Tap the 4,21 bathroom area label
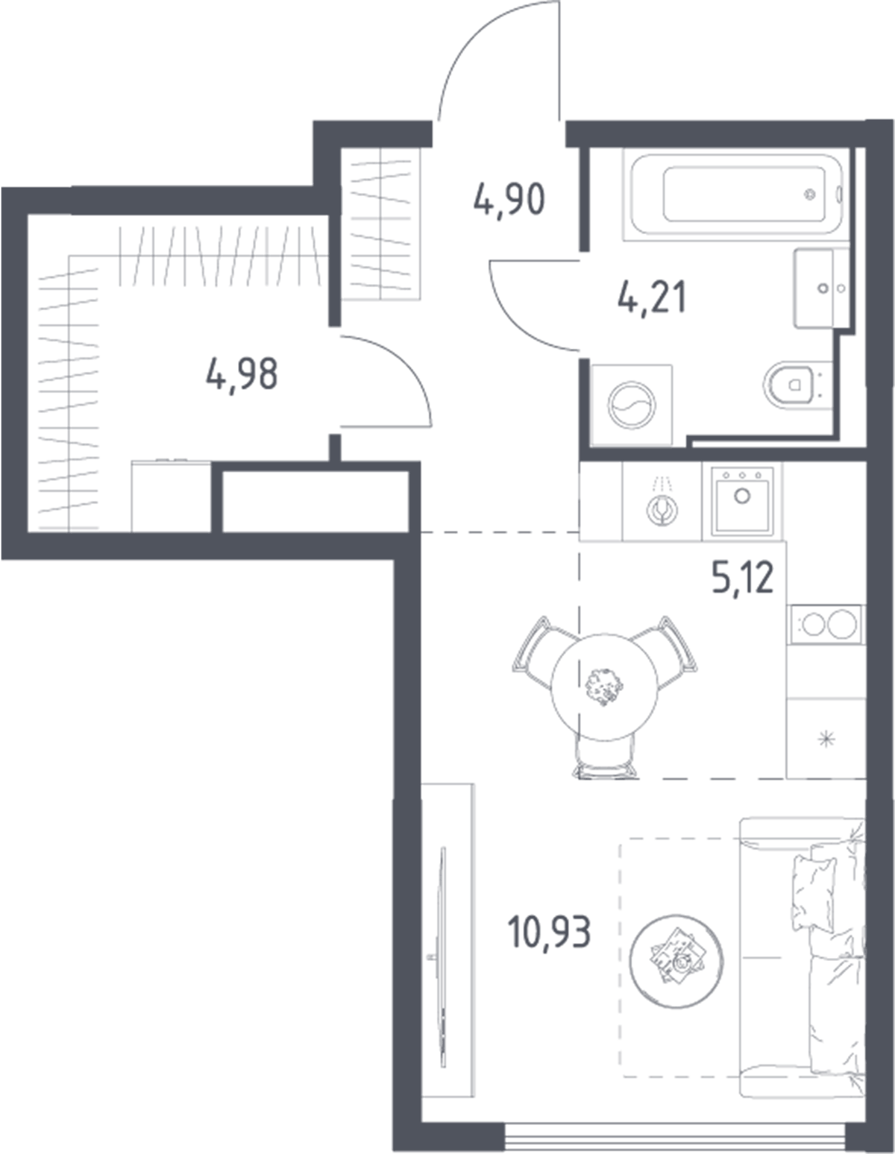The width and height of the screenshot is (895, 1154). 653,298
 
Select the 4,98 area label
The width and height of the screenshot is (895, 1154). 242,374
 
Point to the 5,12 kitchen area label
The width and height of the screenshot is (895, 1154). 743,578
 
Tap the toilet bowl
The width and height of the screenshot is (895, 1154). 791,385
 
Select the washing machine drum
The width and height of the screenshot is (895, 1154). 632,404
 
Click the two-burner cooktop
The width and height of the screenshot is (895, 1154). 826,624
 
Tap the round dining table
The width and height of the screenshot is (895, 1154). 604,687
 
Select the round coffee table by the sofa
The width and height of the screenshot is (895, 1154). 676,961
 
